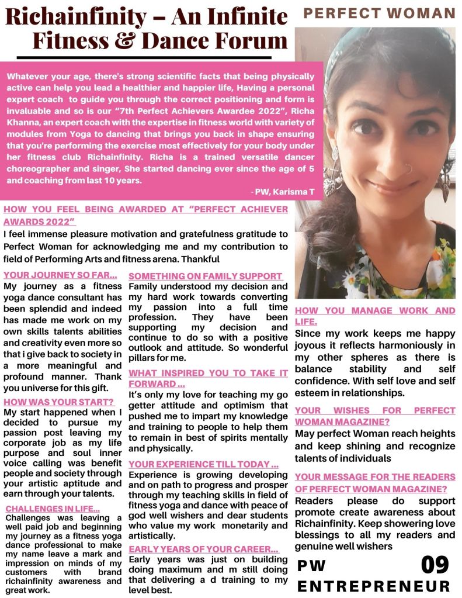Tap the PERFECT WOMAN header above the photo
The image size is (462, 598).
coord(380,13)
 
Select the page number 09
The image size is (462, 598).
coord(435,565)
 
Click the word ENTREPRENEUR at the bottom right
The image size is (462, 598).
coord(374,586)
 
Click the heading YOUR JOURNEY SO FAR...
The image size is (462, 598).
coord(61,275)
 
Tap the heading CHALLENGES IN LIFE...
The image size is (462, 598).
coord(53,509)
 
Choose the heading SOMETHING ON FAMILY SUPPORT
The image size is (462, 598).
coord(206,276)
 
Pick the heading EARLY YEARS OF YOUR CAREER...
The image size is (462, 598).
coord(203,549)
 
